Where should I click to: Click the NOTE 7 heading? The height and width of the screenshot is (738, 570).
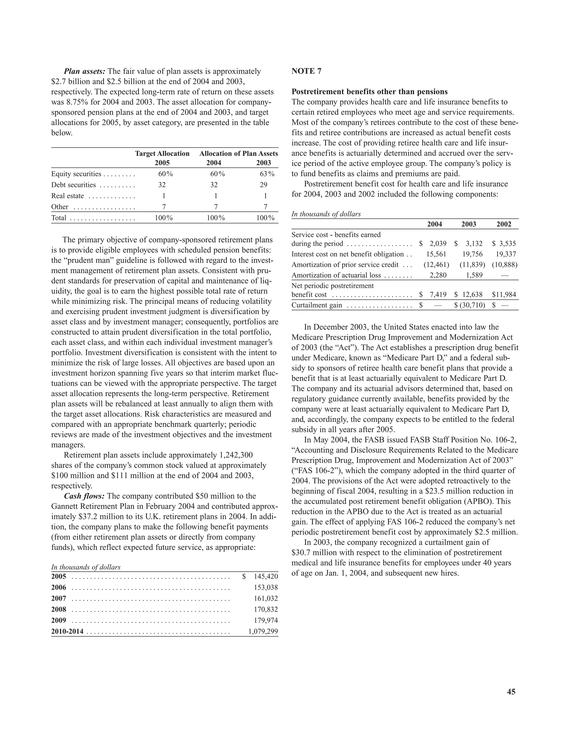pos(306,71)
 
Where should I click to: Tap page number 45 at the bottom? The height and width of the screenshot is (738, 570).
pos(511,692)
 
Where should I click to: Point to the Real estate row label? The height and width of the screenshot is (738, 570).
pos(68,196)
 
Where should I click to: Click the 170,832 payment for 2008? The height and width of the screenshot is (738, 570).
pos(266,609)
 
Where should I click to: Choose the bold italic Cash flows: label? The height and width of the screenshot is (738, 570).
pos(84,496)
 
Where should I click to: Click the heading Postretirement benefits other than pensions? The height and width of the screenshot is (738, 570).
pos(369,92)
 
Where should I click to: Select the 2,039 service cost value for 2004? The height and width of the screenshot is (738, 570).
pos(438,244)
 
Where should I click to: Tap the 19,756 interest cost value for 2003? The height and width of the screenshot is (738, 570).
pos(472,254)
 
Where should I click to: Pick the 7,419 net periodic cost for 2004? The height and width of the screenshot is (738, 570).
pos(438,295)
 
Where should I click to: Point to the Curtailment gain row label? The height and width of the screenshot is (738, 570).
pos(317,306)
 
